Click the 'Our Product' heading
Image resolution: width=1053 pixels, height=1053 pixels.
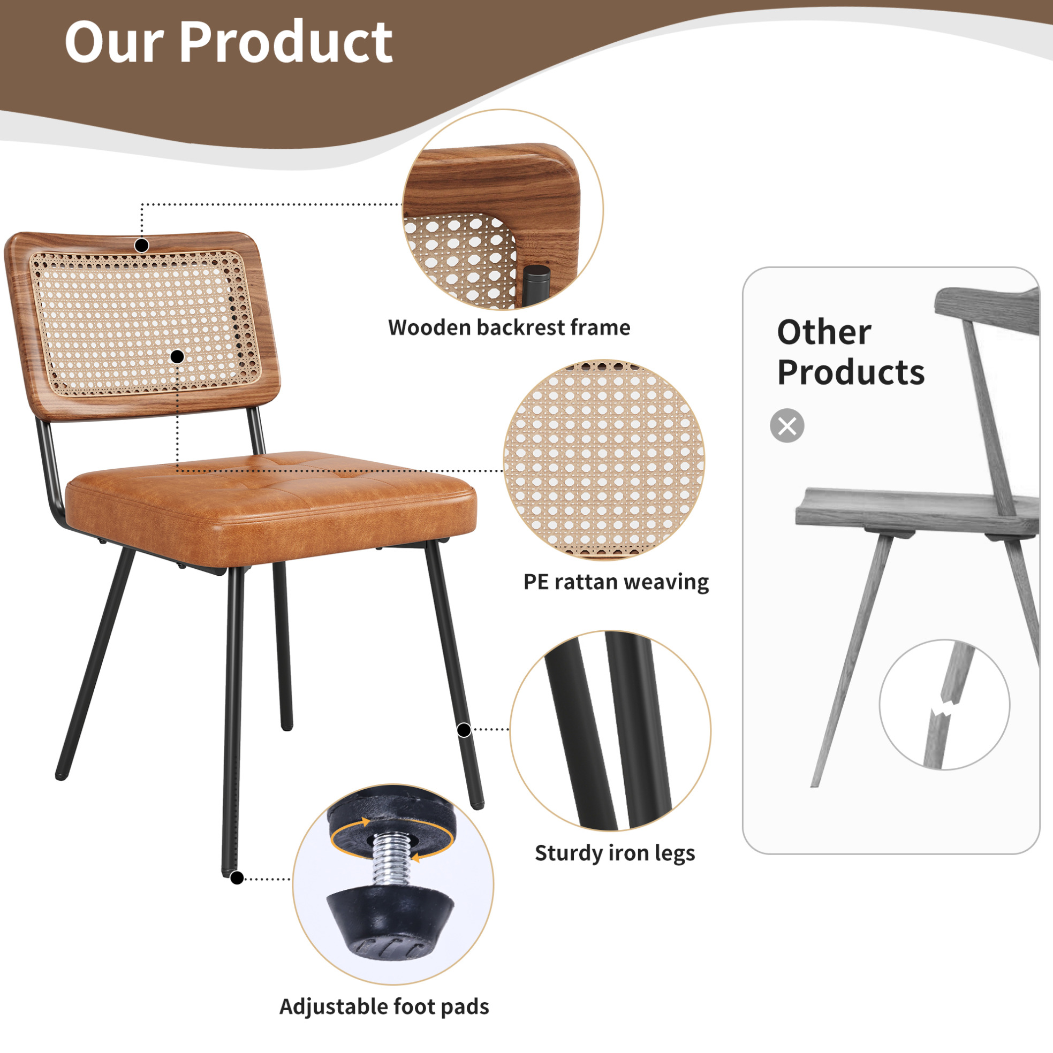(x=229, y=41)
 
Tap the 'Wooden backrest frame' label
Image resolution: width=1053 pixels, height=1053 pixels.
(x=509, y=327)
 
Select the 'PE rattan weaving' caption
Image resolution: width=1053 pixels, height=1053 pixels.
(x=616, y=582)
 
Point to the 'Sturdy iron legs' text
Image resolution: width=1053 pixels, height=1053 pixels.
(x=615, y=852)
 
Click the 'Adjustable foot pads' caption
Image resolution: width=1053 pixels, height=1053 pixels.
(x=384, y=1006)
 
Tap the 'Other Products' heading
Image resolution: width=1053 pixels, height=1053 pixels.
(x=850, y=352)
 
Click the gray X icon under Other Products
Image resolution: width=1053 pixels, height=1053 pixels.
(x=787, y=426)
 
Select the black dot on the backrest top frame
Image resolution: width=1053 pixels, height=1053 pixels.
(x=142, y=246)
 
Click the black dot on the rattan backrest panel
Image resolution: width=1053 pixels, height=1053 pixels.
(x=177, y=357)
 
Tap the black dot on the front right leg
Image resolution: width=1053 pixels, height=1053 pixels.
(x=464, y=730)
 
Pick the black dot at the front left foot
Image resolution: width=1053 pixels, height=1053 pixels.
(x=237, y=879)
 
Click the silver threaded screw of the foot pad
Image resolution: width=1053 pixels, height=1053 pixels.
(x=389, y=861)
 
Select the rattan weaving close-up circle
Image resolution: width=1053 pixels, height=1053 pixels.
(x=604, y=460)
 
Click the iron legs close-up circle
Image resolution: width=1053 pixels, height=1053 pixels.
(x=610, y=731)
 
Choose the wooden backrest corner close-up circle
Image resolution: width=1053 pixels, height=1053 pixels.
(x=503, y=210)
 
